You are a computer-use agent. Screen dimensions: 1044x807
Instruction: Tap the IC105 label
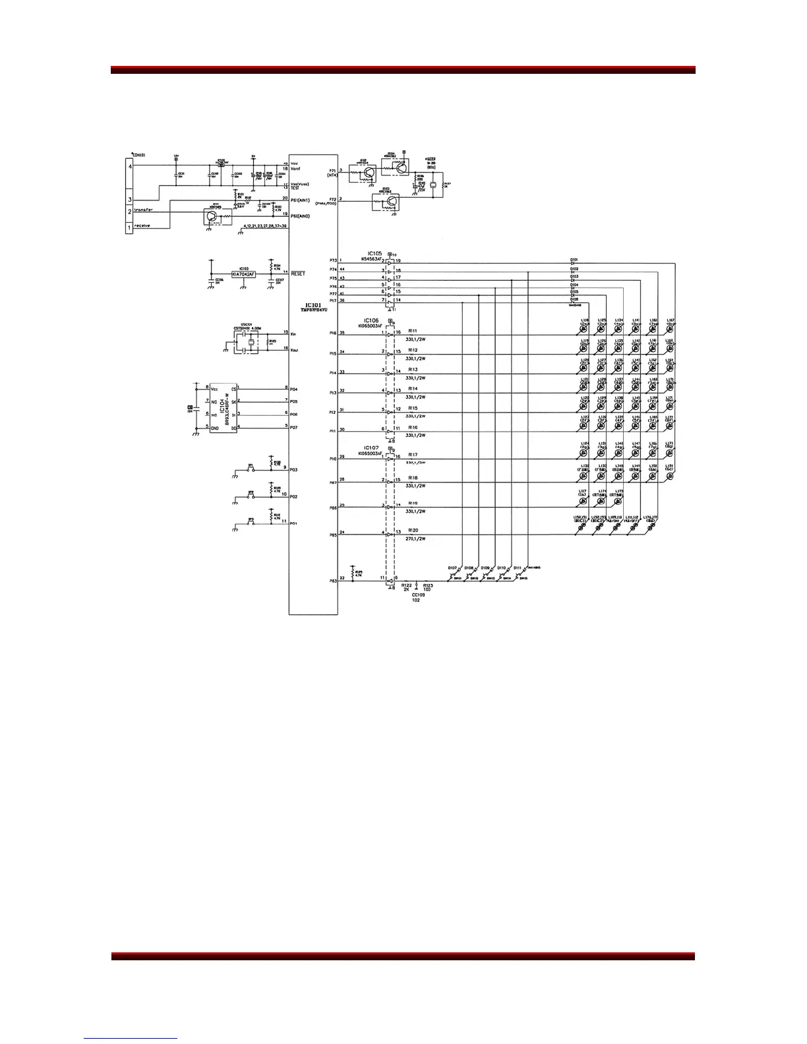point(374,253)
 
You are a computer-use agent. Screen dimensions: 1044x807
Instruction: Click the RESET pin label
point(298,274)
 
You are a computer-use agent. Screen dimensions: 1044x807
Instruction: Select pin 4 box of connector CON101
point(130,167)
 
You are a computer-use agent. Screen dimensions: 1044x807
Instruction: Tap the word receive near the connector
point(142,225)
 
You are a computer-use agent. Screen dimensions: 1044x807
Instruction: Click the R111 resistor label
point(413,330)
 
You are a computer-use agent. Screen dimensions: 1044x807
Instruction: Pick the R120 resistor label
point(413,530)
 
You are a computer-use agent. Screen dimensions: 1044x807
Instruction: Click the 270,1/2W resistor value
point(415,538)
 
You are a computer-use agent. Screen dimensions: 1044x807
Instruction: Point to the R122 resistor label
point(406,585)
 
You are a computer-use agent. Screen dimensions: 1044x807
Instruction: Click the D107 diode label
point(452,567)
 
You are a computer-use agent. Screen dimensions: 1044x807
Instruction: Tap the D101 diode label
point(574,260)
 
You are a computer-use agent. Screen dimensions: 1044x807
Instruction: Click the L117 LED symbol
point(583,499)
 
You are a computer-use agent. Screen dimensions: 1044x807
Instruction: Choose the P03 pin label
point(294,469)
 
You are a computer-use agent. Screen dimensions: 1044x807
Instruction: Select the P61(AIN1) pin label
point(301,200)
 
